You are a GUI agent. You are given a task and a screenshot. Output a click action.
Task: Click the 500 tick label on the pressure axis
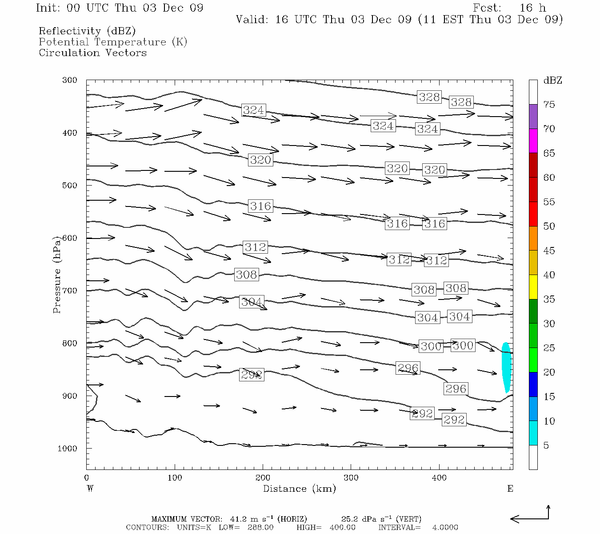[x=70, y=186]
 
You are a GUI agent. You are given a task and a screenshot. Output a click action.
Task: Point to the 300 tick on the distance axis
[x=351, y=478]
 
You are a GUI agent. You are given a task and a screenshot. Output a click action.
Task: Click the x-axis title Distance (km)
[x=299, y=489]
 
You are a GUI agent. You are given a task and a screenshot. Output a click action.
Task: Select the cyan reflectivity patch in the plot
[x=506, y=367]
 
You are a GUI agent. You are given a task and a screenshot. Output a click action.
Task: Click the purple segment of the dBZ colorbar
[x=533, y=116]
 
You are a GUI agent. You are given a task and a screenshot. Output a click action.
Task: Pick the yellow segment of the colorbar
[x=533, y=287]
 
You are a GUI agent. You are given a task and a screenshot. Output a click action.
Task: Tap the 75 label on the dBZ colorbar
[x=549, y=105]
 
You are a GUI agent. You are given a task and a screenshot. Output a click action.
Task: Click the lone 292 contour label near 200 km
[x=252, y=375]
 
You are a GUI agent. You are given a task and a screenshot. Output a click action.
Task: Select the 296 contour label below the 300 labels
[x=408, y=368]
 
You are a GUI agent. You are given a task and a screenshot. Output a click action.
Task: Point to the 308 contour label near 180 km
[x=246, y=275]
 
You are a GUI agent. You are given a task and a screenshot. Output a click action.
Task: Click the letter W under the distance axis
[x=90, y=489]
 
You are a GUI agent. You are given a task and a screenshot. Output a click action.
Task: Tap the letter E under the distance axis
[x=510, y=489]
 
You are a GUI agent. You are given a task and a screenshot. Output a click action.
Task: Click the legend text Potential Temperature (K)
[x=113, y=42]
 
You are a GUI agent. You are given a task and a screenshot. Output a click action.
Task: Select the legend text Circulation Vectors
[x=92, y=53]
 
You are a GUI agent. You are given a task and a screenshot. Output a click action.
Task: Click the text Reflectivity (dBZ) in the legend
[x=87, y=31]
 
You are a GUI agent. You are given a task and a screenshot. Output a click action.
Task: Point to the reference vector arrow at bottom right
[x=530, y=516]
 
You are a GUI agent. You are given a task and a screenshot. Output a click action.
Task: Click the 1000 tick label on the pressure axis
[x=68, y=449]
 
